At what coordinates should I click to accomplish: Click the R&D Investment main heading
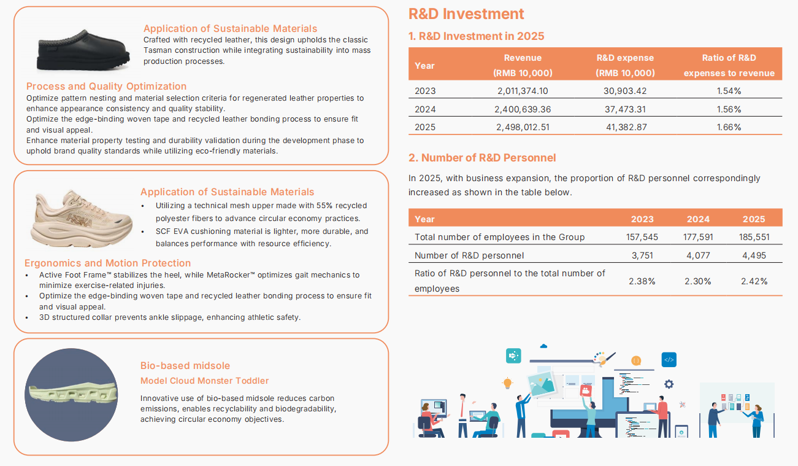pyautogui.click(x=466, y=14)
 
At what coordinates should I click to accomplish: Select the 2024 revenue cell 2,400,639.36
pyautogui.click(x=522, y=109)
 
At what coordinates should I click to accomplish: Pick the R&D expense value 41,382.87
pyautogui.click(x=626, y=127)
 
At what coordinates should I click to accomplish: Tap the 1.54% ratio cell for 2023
pyautogui.click(x=729, y=91)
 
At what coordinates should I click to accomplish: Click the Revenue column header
pyautogui.click(x=523, y=65)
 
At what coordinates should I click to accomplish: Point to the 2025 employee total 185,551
pyautogui.click(x=754, y=237)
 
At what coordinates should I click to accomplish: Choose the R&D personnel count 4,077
pyautogui.click(x=698, y=255)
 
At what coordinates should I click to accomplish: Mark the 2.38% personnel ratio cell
pyautogui.click(x=642, y=281)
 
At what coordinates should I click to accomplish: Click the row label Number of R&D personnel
pyautogui.click(x=469, y=255)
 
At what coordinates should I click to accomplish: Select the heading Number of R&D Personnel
pyautogui.click(x=482, y=158)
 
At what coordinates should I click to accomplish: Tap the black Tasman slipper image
pyautogui.click(x=83, y=50)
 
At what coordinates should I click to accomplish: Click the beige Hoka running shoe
pyautogui.click(x=82, y=218)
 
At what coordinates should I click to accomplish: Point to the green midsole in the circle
pyautogui.click(x=72, y=394)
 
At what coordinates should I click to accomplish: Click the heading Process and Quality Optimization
pyautogui.click(x=106, y=87)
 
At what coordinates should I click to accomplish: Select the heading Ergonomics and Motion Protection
pyautogui.click(x=107, y=263)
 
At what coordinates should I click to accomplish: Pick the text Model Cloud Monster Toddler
pyautogui.click(x=204, y=381)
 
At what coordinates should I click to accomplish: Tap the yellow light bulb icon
pyautogui.click(x=507, y=383)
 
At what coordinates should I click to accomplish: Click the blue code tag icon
pyautogui.click(x=669, y=360)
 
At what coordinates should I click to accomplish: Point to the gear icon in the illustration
pyautogui.click(x=669, y=384)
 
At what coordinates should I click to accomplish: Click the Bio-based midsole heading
pyautogui.click(x=185, y=365)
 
